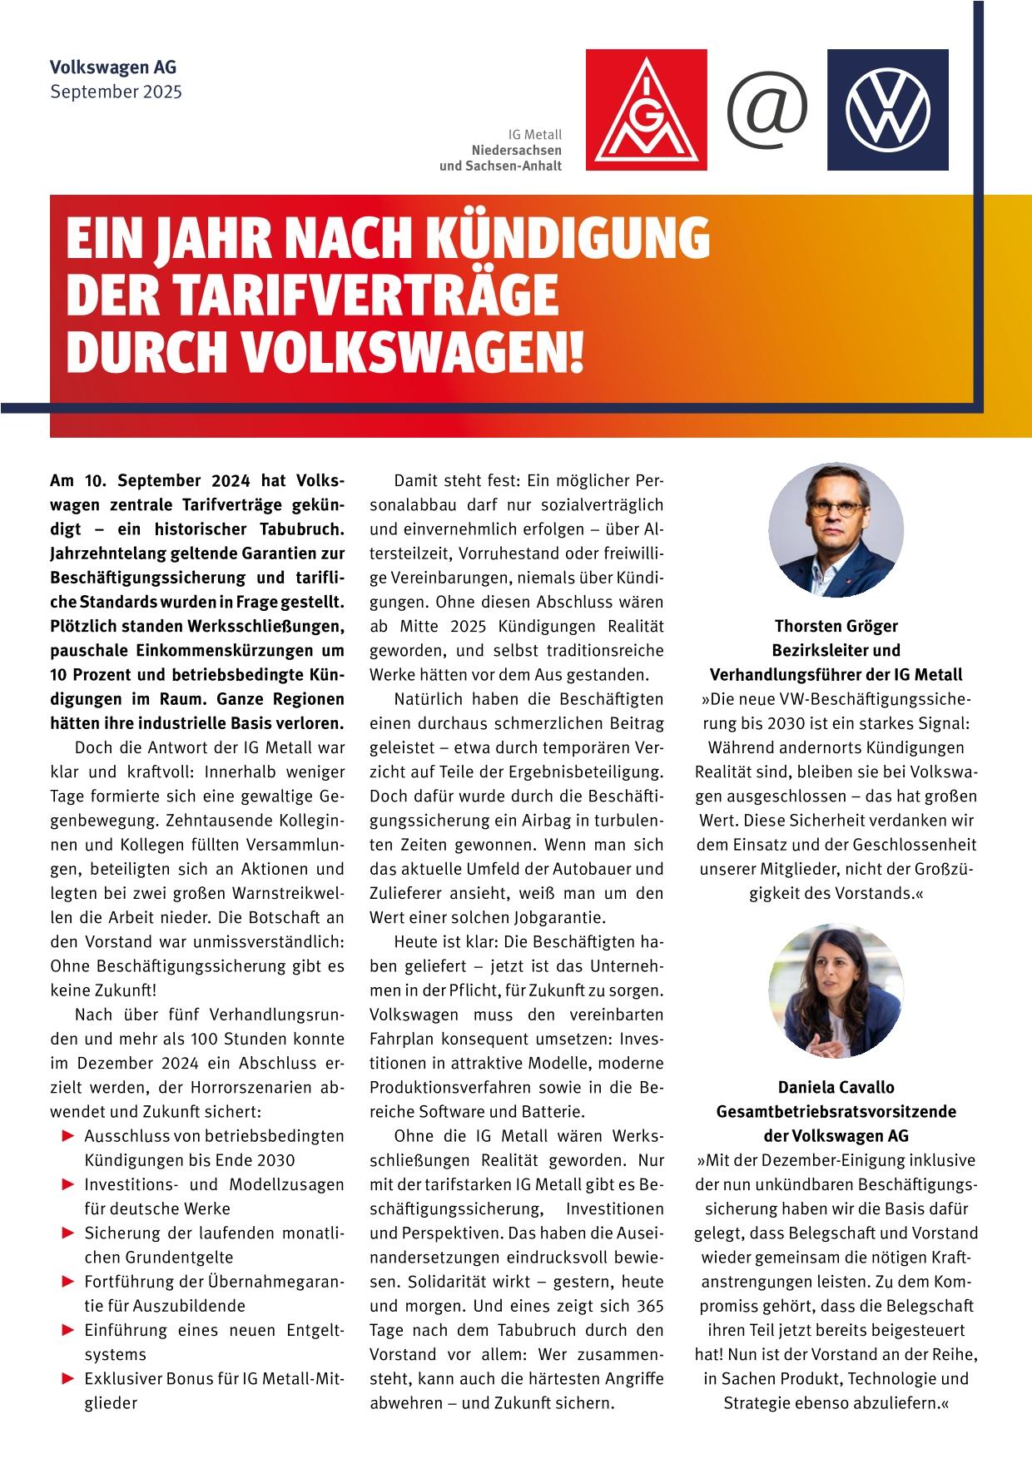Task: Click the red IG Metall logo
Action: click(646, 110)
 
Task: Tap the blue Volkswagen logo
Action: click(887, 110)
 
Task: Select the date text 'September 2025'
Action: click(116, 92)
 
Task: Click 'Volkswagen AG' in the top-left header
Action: click(113, 67)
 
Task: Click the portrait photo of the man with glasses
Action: click(836, 530)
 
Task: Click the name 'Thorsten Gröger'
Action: click(836, 626)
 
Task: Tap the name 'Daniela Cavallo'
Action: click(836, 1087)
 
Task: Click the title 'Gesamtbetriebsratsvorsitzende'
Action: click(836, 1112)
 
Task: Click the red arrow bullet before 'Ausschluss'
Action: click(68, 1135)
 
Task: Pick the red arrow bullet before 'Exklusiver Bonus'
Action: click(68, 1378)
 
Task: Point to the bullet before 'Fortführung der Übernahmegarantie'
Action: click(68, 1281)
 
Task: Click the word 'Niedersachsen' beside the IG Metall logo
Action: click(516, 150)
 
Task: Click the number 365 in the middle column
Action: click(649, 1305)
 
